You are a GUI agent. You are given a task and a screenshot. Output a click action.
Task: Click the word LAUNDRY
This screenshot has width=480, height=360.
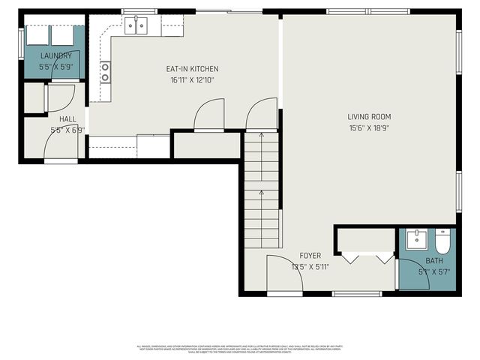[x=55, y=55]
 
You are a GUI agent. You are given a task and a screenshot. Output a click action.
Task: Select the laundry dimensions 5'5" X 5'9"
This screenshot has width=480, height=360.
[x=55, y=67]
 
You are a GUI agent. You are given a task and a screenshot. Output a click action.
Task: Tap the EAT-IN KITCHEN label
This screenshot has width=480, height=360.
[x=192, y=69]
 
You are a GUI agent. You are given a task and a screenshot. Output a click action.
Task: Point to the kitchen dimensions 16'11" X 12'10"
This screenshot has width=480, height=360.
[x=192, y=80]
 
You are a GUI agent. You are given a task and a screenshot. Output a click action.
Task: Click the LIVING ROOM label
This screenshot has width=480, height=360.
[x=369, y=116]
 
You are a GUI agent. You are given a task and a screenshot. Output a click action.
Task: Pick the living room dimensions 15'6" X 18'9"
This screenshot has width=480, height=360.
[x=369, y=127]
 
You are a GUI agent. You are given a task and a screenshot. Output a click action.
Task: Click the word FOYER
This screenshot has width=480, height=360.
[x=310, y=256]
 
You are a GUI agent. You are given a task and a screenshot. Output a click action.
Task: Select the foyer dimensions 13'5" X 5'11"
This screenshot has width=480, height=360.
[x=310, y=266]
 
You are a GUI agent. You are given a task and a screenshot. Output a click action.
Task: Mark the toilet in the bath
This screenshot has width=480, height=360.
[x=442, y=241]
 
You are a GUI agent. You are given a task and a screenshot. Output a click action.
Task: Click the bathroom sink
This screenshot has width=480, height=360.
[x=416, y=240]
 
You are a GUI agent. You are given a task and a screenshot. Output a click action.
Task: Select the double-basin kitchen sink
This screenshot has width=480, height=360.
[x=136, y=27]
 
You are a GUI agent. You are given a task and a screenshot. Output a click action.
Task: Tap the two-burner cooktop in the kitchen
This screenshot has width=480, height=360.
[x=105, y=72]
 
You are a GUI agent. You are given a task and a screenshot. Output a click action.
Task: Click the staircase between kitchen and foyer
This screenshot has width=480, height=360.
[x=261, y=191]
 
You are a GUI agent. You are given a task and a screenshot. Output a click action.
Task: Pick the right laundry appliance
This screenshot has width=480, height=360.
[x=62, y=35]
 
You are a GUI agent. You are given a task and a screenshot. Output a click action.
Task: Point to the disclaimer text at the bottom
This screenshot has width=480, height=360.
[x=238, y=349]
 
